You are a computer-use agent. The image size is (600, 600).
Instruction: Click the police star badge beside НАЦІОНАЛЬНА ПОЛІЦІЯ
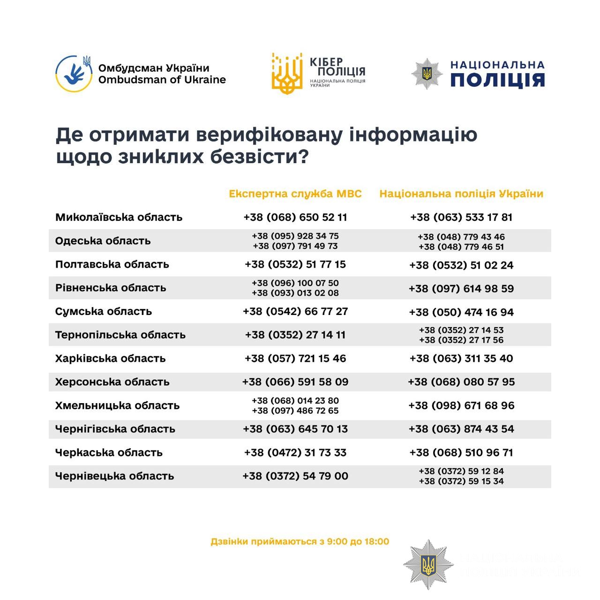point(427,74)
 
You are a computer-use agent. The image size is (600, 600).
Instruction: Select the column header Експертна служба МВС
point(295,194)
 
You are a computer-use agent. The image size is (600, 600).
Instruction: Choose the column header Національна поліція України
point(461,194)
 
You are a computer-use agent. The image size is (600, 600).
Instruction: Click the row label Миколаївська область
point(119,217)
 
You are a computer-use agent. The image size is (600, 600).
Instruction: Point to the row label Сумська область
point(104,311)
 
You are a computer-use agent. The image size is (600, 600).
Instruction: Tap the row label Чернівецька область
point(115,476)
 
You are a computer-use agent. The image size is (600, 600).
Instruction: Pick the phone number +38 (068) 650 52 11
point(295,217)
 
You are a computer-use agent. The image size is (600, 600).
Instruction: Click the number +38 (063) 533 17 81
point(461,217)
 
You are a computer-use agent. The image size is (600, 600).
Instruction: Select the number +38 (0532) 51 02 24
point(461,265)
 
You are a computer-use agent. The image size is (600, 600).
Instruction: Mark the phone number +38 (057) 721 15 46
point(295,358)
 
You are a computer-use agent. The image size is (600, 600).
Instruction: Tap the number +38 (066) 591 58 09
point(295,382)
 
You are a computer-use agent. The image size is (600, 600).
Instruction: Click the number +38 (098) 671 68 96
point(461,405)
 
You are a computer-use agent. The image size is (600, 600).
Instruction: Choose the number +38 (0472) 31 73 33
point(295,452)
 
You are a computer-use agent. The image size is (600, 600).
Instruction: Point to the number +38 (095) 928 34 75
point(295,236)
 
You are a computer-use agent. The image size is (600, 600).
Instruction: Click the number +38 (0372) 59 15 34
point(461,481)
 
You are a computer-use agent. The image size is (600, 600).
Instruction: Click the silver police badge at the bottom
point(428,564)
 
